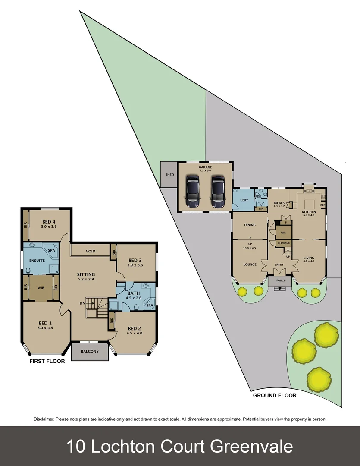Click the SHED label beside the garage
169,175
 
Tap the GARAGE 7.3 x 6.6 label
205,169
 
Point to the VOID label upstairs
91,251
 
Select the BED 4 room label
49,223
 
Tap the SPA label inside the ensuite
51,250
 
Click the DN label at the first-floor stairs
82,303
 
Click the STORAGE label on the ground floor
283,243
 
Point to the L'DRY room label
239,200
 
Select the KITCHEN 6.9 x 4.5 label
309,214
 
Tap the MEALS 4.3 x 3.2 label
279,204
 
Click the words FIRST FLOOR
47,361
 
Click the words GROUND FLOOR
275,395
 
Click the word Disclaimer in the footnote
44,419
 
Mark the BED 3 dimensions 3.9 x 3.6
135,265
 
